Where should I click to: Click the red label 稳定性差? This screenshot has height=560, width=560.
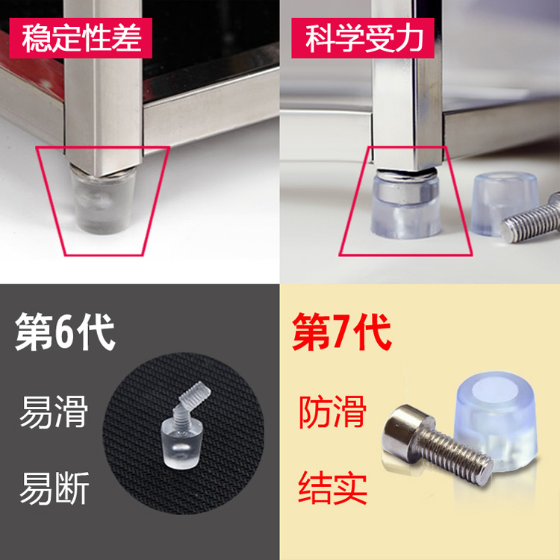tap(81, 38)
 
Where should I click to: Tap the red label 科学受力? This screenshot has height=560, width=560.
tap(369, 38)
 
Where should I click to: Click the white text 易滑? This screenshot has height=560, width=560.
tap(53, 413)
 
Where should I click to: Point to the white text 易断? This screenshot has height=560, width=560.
tap(53, 489)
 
